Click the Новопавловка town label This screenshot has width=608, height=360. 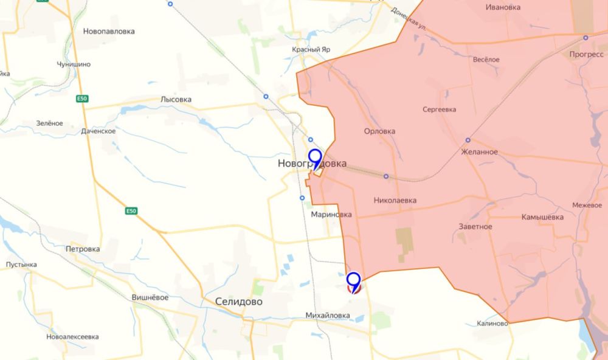[x=109, y=31]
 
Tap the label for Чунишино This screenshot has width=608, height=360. [x=73, y=64]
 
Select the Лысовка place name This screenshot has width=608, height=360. [x=176, y=99]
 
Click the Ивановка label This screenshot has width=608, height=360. [x=503, y=7]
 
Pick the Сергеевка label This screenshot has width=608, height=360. [x=440, y=109]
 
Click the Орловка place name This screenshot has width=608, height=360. [x=379, y=131]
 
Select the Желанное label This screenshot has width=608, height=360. [x=480, y=151]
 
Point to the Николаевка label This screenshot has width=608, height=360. [x=395, y=199]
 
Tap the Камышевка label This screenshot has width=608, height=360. [x=542, y=217]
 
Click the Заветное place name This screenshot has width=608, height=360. [x=475, y=226]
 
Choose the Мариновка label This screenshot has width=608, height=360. [x=331, y=214]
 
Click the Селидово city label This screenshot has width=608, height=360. [x=239, y=301]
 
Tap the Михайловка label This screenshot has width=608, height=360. [x=329, y=315]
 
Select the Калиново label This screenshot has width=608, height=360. [x=492, y=323]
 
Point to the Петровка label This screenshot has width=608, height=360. [x=83, y=249]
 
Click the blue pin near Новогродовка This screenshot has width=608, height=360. [x=315, y=158]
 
